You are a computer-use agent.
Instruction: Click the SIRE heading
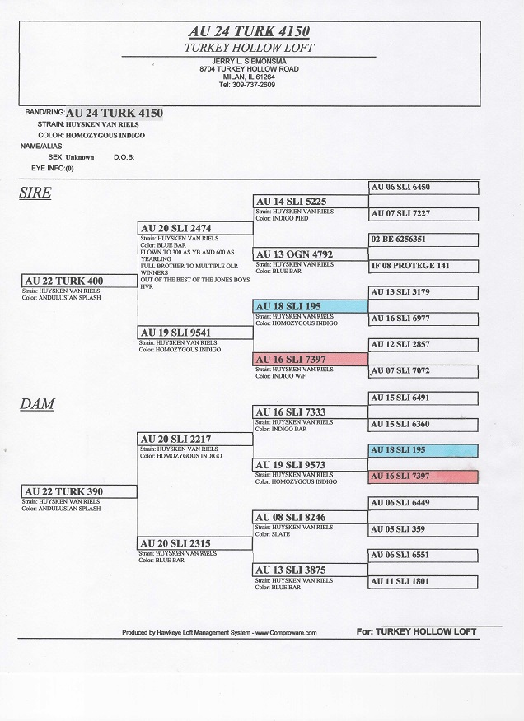click(x=35, y=193)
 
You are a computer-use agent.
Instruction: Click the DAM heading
click(x=37, y=404)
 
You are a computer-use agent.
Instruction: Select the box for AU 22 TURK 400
click(x=79, y=281)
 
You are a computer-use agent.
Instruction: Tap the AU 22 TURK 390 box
click(x=79, y=491)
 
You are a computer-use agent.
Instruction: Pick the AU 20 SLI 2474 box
click(x=195, y=228)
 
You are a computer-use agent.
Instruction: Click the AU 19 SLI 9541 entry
click(x=195, y=333)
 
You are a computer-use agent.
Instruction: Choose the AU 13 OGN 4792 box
click(x=311, y=254)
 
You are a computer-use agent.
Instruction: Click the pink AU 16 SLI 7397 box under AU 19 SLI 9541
click(x=311, y=359)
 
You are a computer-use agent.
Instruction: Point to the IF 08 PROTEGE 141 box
click(x=423, y=266)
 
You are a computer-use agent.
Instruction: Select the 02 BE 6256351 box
click(x=423, y=240)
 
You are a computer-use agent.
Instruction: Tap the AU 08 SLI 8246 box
click(x=310, y=518)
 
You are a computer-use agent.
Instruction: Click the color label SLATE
click(x=280, y=534)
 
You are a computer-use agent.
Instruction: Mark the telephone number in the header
click(x=247, y=85)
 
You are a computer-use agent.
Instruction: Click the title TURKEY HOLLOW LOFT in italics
click(x=249, y=48)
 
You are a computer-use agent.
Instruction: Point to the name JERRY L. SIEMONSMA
click(x=249, y=61)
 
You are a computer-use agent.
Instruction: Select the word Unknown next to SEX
click(x=80, y=157)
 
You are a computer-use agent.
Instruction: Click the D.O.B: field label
click(x=124, y=157)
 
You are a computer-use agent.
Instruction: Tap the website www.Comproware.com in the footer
click(x=286, y=633)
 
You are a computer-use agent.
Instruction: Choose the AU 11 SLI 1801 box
click(x=423, y=582)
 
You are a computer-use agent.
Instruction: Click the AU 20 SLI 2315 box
click(x=194, y=543)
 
